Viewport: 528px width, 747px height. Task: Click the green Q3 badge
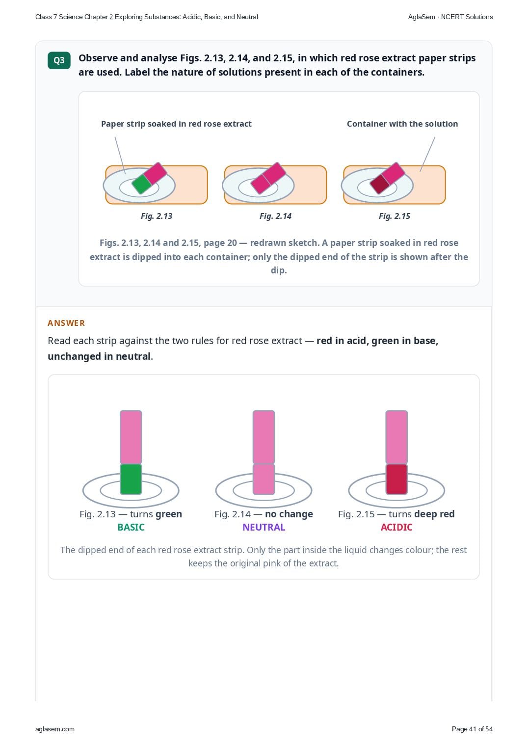tap(59, 60)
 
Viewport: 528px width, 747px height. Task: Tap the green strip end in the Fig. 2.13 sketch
tap(141, 184)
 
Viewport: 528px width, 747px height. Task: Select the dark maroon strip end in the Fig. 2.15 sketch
tap(380, 184)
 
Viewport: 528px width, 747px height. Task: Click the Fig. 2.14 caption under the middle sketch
tap(275, 216)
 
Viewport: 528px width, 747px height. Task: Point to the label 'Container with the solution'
tap(402, 124)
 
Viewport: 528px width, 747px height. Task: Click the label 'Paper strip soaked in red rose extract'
tap(176, 124)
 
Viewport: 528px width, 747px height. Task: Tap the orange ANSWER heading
tap(66, 323)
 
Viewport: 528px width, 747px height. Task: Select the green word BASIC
tap(131, 527)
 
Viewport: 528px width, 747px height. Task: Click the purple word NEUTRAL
tap(264, 527)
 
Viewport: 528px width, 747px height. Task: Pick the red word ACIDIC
tap(396, 527)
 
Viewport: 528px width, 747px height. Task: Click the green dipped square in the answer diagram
tap(131, 479)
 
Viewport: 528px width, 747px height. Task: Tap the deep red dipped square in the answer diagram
tap(396, 479)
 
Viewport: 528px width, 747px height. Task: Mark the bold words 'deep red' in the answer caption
tap(434, 514)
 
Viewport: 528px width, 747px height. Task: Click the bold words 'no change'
tap(289, 514)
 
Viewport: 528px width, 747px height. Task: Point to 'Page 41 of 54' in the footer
tap(472, 729)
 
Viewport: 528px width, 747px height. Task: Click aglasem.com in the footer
tap(55, 729)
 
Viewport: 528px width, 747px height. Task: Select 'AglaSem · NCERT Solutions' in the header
tap(450, 17)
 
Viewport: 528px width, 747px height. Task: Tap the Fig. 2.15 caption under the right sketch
tap(395, 216)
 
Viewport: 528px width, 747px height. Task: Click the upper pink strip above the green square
tap(131, 437)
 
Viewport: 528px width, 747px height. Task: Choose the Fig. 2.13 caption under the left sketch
tap(157, 216)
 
